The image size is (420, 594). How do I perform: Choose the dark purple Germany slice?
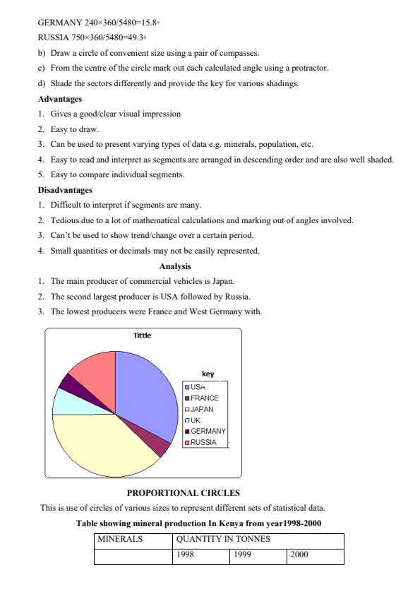pos(69,384)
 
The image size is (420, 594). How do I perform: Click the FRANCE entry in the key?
pos(204,398)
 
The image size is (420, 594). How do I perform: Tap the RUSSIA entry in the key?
pos(203,442)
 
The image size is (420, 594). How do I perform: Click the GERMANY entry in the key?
pos(208,431)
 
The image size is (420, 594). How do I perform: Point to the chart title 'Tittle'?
pos(142,335)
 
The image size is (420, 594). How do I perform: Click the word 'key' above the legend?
pos(208,374)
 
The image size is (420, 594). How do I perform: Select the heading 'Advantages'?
pos(60,99)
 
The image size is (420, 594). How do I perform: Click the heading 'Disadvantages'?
pos(65,190)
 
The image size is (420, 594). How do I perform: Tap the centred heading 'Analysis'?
pos(175,266)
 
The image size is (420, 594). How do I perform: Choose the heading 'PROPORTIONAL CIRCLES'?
pos(184,492)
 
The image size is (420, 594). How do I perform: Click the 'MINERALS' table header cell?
pos(120,539)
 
